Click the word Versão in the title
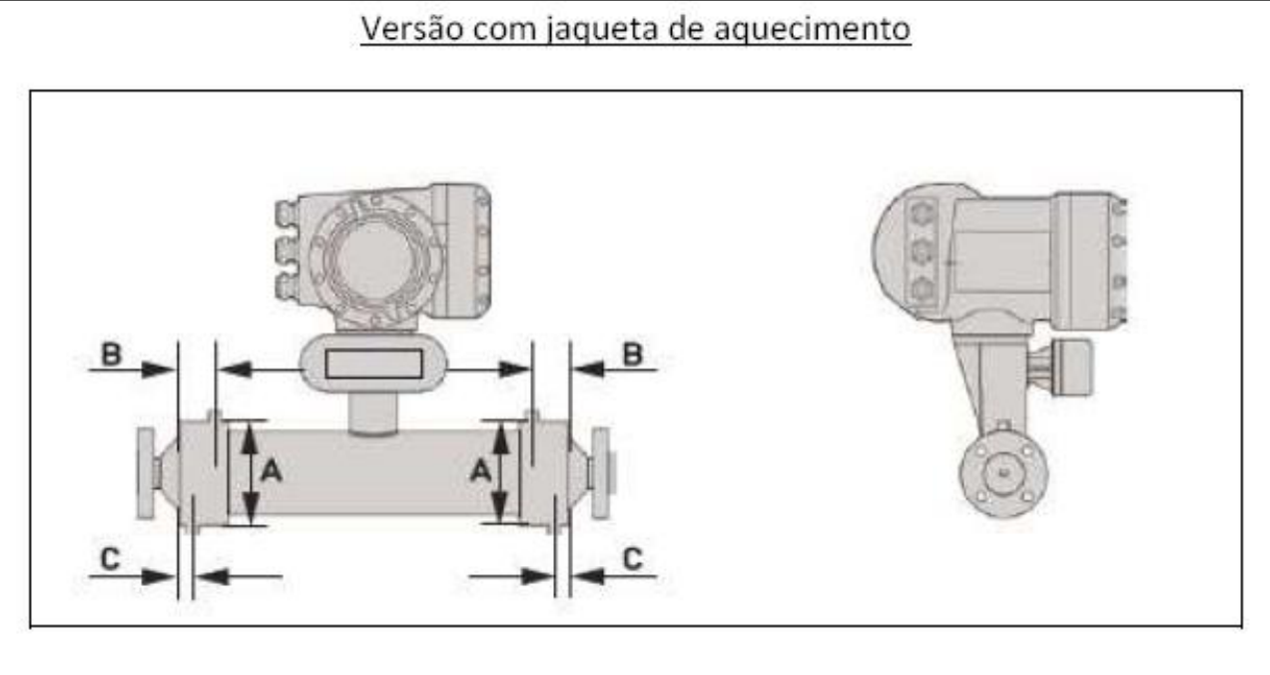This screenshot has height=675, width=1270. click(411, 28)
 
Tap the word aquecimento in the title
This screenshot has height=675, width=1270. click(812, 31)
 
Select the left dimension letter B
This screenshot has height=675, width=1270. click(111, 353)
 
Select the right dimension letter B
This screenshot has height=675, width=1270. click(633, 354)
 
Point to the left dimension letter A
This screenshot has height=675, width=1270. click(271, 470)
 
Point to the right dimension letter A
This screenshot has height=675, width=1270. click(480, 470)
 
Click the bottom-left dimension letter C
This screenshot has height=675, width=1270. click(110, 559)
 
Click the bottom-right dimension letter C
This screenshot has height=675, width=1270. click(633, 559)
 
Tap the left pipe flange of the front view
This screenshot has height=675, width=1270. click(145, 473)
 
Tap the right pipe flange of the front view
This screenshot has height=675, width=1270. click(601, 473)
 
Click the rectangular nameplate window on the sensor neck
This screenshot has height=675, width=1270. click(373, 363)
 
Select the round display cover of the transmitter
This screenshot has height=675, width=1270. click(374, 258)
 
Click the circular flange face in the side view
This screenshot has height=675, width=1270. click(1003, 473)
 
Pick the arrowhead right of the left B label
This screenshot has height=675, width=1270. click(158, 369)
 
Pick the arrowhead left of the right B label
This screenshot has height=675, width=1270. click(588, 369)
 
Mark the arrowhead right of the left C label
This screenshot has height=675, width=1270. click(158, 577)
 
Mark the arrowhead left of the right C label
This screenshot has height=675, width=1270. click(588, 577)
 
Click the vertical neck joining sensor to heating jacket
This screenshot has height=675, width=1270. click(372, 414)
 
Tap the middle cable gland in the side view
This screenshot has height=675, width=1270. click(922, 251)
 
